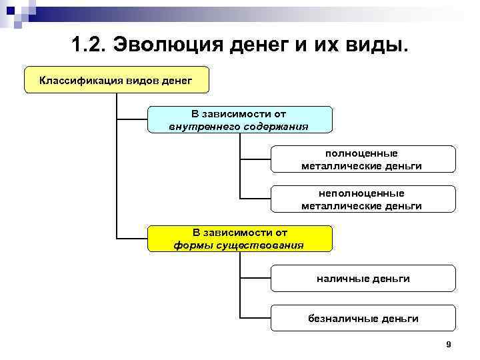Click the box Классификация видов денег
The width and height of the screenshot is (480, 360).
[116, 81]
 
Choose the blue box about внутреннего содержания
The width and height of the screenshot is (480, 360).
[239, 119]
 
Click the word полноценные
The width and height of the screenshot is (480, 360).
[362, 153]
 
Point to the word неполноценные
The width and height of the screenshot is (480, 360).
[362, 193]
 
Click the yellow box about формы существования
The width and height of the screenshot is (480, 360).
[239, 239]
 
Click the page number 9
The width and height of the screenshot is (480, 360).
[448, 344]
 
